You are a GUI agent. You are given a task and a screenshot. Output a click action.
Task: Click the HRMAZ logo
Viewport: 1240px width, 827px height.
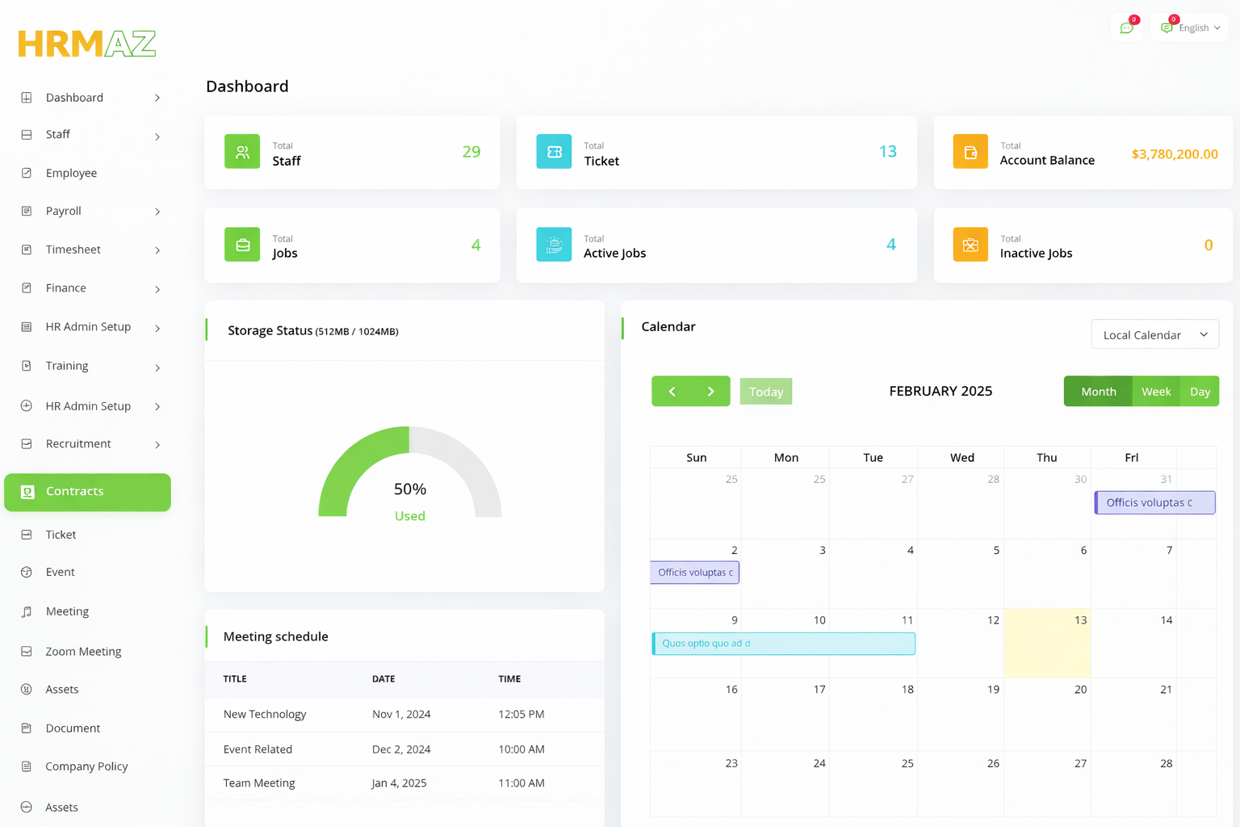(x=87, y=44)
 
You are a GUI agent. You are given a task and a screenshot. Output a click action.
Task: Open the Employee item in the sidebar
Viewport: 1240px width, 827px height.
(x=71, y=173)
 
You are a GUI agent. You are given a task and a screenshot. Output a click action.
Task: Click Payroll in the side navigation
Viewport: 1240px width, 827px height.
(x=64, y=211)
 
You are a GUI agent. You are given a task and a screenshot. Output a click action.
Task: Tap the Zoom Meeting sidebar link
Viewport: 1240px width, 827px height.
(x=83, y=651)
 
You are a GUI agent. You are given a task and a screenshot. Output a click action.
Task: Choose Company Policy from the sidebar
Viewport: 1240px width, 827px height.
(x=86, y=766)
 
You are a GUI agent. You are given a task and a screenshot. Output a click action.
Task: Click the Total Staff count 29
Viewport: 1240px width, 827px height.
(x=471, y=152)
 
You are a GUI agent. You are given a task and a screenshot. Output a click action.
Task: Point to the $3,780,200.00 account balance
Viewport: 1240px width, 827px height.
(x=1175, y=153)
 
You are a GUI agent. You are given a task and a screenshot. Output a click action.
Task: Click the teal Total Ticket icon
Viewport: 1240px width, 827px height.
(x=554, y=152)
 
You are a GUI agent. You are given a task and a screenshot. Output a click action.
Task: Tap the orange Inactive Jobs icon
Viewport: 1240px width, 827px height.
(x=970, y=245)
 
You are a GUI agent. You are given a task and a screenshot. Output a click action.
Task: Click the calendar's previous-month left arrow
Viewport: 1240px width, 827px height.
(x=672, y=392)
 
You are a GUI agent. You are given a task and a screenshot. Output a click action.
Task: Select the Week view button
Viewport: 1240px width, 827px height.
(x=1156, y=392)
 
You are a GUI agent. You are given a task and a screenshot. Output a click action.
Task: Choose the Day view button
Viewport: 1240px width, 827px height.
(x=1200, y=392)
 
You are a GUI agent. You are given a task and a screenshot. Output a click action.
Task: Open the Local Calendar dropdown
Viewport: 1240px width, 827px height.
(x=1154, y=334)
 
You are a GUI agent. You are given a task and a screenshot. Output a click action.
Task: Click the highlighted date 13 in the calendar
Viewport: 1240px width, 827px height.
(x=1080, y=620)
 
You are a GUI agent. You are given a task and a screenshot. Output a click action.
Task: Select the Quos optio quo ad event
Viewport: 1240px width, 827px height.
(x=783, y=644)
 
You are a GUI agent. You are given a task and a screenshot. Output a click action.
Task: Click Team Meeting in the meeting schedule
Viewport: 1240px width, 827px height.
(x=259, y=783)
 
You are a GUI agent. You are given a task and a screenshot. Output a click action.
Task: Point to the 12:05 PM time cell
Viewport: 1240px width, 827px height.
(x=522, y=714)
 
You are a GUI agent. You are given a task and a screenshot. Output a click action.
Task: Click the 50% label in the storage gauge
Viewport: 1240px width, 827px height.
(x=410, y=489)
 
